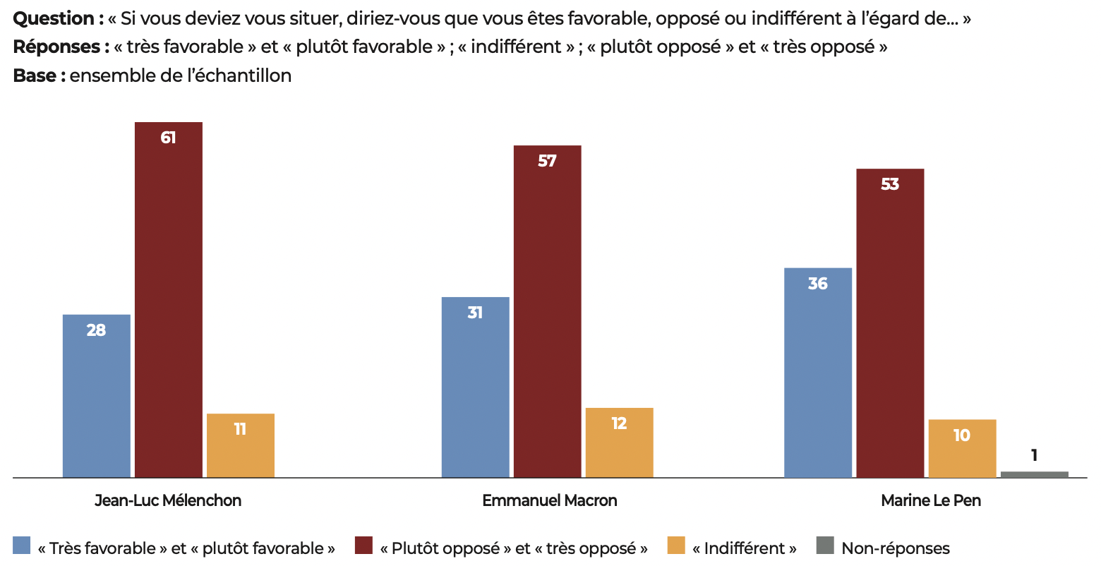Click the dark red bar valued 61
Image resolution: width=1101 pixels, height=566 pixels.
[x=168, y=300]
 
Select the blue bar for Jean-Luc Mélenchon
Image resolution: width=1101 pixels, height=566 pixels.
[x=96, y=396]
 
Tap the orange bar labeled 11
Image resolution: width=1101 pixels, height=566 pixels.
[x=240, y=445]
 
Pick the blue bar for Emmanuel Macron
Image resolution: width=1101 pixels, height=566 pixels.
[x=475, y=387]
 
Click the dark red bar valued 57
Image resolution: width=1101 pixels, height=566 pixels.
[x=547, y=311]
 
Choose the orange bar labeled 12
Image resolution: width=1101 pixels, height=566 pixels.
[x=619, y=442]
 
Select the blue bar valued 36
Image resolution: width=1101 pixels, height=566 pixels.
[x=818, y=373]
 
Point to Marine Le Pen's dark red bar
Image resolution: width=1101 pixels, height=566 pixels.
[x=890, y=323]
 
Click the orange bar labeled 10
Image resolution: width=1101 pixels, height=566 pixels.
[x=962, y=448]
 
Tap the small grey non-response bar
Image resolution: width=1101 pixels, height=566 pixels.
[x=1034, y=474]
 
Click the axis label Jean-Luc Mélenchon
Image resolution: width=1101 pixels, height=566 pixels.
[x=168, y=500]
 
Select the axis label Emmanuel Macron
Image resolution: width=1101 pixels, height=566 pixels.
[x=550, y=500]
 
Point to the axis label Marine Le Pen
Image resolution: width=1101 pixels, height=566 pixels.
[x=931, y=500]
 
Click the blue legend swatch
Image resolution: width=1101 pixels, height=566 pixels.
[x=22, y=546]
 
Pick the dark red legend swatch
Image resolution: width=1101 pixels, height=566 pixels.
[x=363, y=546]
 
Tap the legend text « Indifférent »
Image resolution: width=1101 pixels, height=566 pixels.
[x=744, y=548]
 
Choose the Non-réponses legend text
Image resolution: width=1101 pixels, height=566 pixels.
[x=895, y=548]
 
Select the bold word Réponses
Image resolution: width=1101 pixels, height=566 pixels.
[x=56, y=47]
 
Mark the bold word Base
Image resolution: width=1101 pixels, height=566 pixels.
[x=35, y=75]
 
